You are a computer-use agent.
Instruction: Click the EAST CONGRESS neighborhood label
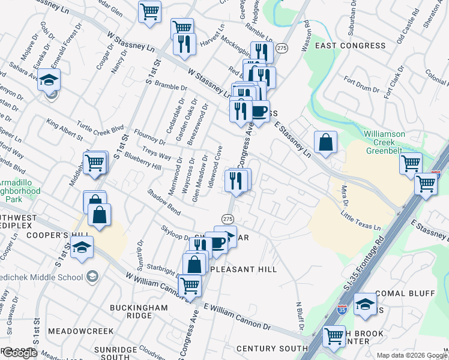click(x=350, y=46)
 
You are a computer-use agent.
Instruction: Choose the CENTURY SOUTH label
click(x=272, y=349)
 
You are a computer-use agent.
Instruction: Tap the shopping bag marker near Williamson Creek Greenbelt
click(x=325, y=143)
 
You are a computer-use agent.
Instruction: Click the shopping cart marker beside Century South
click(x=334, y=336)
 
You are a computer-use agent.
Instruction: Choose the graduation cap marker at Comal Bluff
click(x=365, y=304)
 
